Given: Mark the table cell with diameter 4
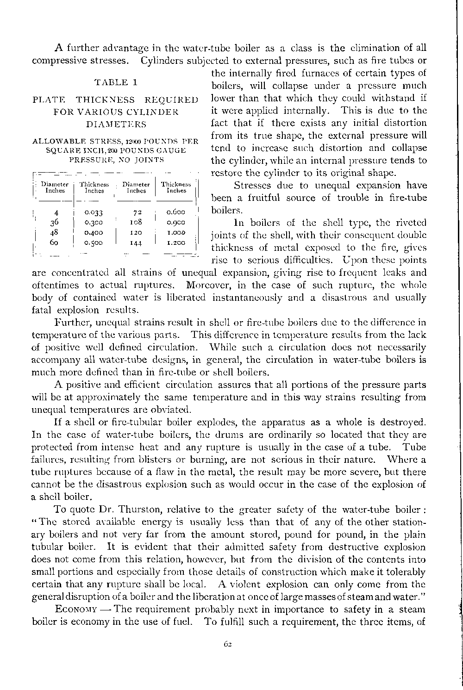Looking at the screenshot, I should [56, 213].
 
